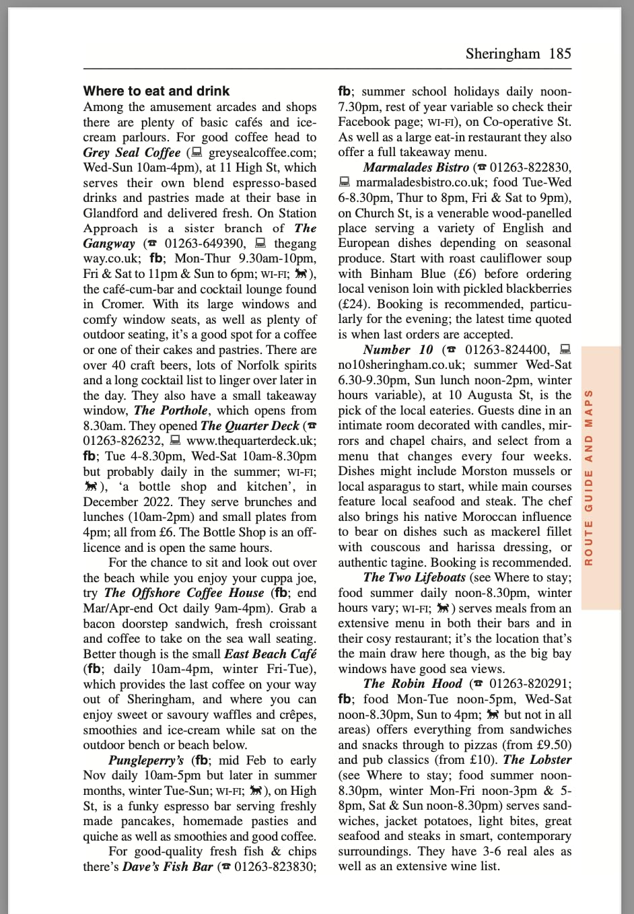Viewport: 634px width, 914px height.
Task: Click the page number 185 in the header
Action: point(560,54)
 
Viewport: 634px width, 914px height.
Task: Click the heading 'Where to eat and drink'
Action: point(156,91)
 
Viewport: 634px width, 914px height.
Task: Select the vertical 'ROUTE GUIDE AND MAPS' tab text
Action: point(589,477)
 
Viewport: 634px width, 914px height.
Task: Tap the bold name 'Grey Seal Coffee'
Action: point(132,153)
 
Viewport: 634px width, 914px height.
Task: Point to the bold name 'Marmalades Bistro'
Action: point(416,168)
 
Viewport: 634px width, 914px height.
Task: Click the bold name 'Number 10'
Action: point(398,349)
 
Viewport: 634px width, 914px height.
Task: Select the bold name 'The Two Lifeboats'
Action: point(414,577)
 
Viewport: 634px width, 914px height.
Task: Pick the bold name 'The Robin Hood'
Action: point(413,684)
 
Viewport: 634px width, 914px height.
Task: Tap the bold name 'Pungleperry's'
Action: point(146,760)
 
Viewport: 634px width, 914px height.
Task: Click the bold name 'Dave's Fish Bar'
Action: point(168,866)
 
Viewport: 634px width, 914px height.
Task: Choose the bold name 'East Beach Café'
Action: point(271,654)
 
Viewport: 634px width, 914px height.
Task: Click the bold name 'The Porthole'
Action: point(171,411)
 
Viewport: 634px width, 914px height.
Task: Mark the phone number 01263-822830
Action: point(530,168)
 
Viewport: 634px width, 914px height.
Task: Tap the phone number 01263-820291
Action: point(530,684)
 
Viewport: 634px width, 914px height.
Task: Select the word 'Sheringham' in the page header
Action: point(503,54)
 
